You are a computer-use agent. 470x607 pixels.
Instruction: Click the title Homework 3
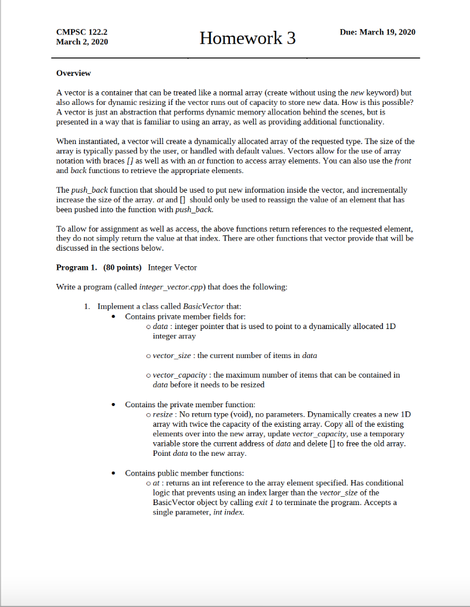tap(247, 39)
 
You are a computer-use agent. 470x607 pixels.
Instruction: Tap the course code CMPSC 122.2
tap(82, 32)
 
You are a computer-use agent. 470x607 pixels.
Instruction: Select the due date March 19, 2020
tap(378, 32)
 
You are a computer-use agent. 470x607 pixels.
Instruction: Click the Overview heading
tap(73, 73)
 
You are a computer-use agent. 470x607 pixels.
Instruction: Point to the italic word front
tap(402, 161)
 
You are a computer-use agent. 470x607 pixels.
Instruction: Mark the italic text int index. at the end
tap(228, 512)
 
